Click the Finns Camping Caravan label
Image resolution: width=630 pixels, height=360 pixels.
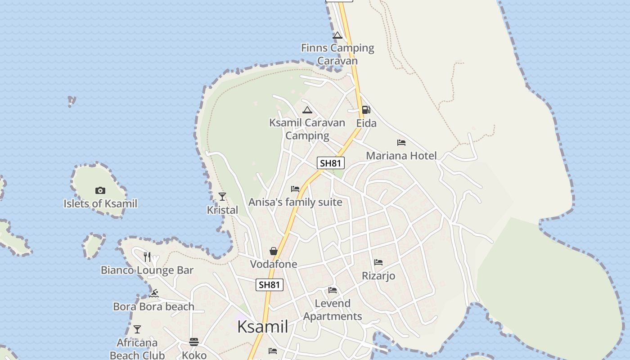pos(337,54)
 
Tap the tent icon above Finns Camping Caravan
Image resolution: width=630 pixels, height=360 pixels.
pos(337,36)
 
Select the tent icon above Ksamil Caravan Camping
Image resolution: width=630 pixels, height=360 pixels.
pos(307,110)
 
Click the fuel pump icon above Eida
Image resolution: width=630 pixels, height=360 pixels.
pos(366,110)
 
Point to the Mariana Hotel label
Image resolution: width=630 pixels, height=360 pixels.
pos(401,156)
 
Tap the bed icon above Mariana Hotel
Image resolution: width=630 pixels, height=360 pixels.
pos(401,143)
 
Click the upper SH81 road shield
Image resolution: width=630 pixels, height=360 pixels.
pos(331,163)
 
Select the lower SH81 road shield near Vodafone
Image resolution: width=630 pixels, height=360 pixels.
pos(270,284)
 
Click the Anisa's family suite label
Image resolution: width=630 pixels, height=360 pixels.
pos(296,202)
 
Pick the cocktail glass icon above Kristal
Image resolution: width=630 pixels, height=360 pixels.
pos(222,196)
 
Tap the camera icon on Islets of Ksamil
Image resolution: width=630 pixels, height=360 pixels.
pos(100,190)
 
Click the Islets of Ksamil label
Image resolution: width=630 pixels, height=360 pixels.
pos(100,203)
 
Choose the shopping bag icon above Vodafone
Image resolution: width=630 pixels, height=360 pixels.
pos(273,251)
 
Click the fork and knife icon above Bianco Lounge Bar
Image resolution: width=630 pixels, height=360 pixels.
pos(147,257)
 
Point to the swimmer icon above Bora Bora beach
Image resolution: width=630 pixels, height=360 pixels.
pos(154,293)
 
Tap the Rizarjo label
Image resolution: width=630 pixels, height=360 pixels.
pos(378,275)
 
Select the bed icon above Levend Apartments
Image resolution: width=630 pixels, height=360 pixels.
pos(333,290)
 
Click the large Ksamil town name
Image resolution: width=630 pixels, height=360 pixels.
pos(262,327)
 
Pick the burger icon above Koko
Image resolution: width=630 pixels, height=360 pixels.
pos(194,342)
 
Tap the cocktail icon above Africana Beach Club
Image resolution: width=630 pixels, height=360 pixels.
pos(137,329)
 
